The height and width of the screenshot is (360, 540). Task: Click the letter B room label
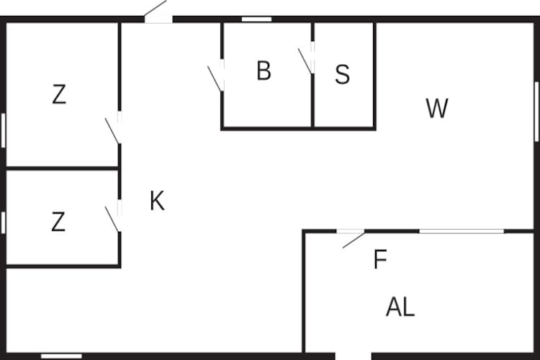point(264,71)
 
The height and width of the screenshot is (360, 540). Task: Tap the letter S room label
point(342,74)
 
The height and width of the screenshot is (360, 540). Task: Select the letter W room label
point(437,108)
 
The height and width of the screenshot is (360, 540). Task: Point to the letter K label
point(158,200)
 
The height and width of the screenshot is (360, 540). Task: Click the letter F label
point(380,259)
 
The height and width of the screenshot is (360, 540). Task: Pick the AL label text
point(400,307)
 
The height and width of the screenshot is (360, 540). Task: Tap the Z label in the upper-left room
point(59,94)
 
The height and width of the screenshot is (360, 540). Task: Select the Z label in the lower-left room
point(58,222)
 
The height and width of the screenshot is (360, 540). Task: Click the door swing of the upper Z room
point(112,131)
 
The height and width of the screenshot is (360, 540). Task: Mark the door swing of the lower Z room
point(112,220)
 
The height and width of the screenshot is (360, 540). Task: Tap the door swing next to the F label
point(354,240)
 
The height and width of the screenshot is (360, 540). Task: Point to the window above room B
point(256,19)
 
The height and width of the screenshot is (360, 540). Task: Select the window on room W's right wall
point(536,112)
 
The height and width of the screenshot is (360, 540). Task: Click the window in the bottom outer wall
point(62,356)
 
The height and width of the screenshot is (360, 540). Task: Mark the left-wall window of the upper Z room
point(3,130)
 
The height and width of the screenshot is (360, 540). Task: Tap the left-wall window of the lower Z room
point(3,222)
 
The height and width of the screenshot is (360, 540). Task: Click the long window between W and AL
point(462,231)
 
